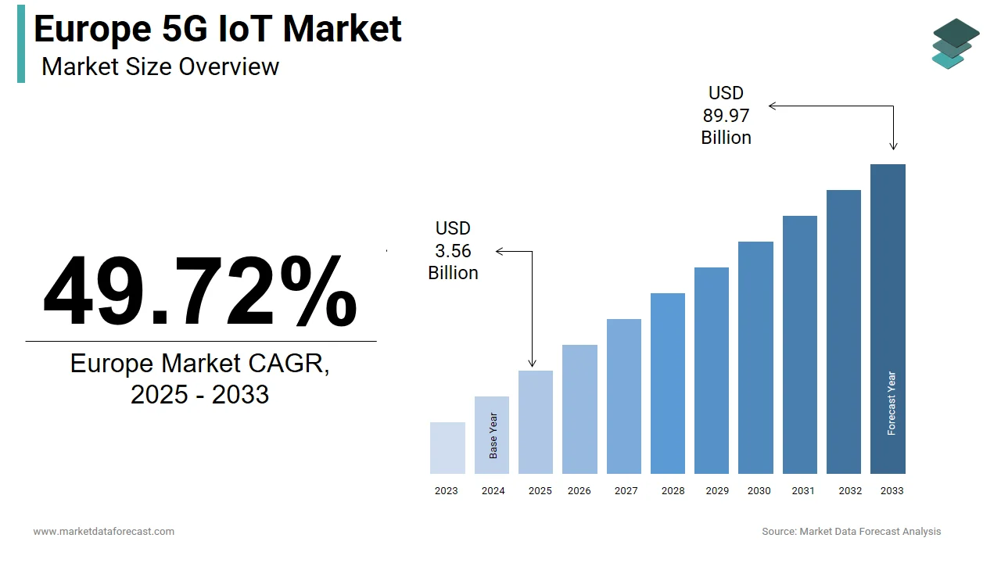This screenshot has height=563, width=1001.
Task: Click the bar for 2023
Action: point(447,448)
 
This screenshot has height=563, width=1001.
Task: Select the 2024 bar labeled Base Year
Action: point(492,435)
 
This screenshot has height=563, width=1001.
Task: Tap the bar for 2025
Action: point(536,422)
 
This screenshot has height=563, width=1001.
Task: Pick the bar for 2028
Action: point(668,383)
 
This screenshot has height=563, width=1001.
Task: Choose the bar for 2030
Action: point(755,357)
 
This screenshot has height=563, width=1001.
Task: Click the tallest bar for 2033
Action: point(888,319)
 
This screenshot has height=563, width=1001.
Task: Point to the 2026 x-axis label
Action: point(579,491)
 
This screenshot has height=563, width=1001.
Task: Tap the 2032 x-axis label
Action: point(850,491)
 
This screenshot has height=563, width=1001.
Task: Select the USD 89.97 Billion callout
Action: point(726,116)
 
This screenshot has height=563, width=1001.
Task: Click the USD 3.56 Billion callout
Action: point(453,250)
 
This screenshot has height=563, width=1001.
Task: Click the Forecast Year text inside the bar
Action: point(892,403)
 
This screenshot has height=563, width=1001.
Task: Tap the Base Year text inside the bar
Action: point(493,436)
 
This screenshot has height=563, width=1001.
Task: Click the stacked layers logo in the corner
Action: point(955,43)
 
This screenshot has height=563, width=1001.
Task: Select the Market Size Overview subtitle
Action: point(160,66)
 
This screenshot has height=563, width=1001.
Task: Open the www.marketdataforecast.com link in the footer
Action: point(103,532)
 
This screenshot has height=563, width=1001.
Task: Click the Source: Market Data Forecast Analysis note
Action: point(851,532)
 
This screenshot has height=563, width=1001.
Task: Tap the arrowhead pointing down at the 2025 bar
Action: point(533,363)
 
